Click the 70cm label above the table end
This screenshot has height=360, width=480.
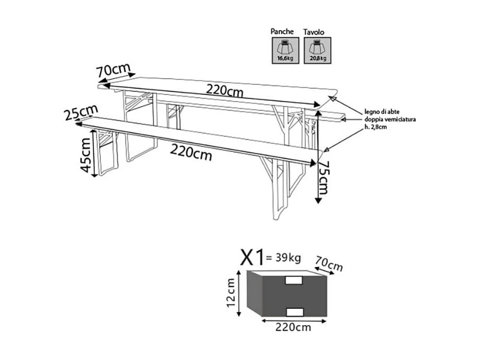pos(113,70)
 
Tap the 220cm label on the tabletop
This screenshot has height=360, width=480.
pos(224,90)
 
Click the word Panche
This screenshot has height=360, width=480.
pos(282,31)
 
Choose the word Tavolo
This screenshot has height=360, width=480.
pos(314,32)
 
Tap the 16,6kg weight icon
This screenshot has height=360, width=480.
pos(285,50)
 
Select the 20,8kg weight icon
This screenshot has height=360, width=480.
pos(317,50)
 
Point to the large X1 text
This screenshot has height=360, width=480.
pos(252,258)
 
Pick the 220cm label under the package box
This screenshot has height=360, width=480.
pos(294,327)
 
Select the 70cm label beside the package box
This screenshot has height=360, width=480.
pos(329,264)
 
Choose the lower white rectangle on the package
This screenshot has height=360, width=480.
pos(294,311)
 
